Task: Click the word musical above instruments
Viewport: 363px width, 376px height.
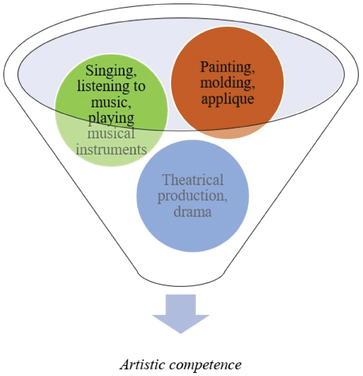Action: (x=111, y=133)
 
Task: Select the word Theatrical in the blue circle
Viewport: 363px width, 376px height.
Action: (x=193, y=180)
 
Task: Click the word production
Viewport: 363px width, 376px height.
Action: (x=193, y=196)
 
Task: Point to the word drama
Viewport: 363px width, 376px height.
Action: (x=193, y=212)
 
